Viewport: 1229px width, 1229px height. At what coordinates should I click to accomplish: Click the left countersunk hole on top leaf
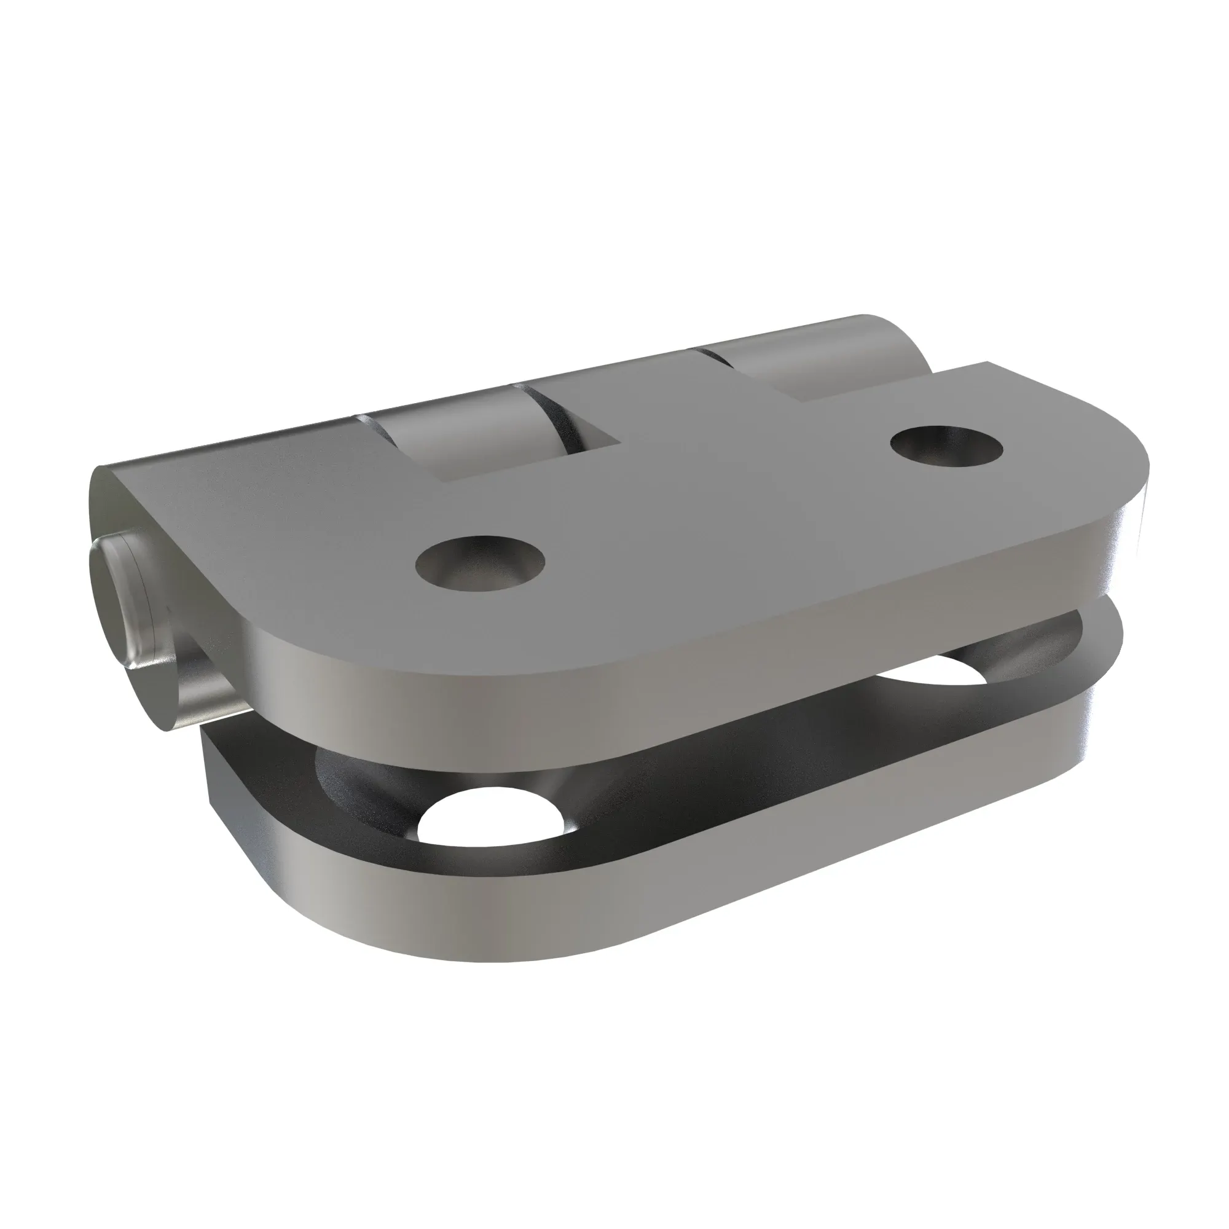(x=481, y=562)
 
